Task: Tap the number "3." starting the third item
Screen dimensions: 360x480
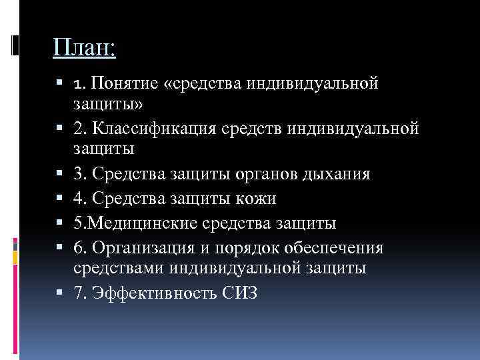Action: pyautogui.click(x=80, y=174)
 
